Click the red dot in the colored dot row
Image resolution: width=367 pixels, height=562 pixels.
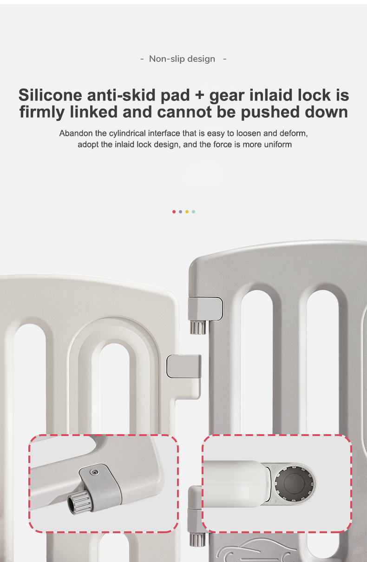pos(174,212)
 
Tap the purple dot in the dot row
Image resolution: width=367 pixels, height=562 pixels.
pos(180,212)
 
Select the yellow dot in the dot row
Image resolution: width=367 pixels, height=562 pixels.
pos(187,212)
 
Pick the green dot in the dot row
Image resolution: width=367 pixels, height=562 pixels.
pos(193,212)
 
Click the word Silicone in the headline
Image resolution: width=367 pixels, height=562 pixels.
pos(50,95)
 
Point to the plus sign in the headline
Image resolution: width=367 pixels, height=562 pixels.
pos(199,96)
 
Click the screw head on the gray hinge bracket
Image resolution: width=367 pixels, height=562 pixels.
pos(94,472)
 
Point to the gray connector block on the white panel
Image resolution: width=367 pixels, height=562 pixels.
pos(184,366)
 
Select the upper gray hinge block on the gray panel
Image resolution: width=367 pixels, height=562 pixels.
pos(205,309)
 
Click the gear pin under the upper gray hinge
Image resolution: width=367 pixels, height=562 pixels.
pos(198,327)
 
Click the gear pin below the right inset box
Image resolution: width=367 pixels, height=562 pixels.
pos(197,539)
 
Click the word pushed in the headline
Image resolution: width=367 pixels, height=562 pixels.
pos(270,112)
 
